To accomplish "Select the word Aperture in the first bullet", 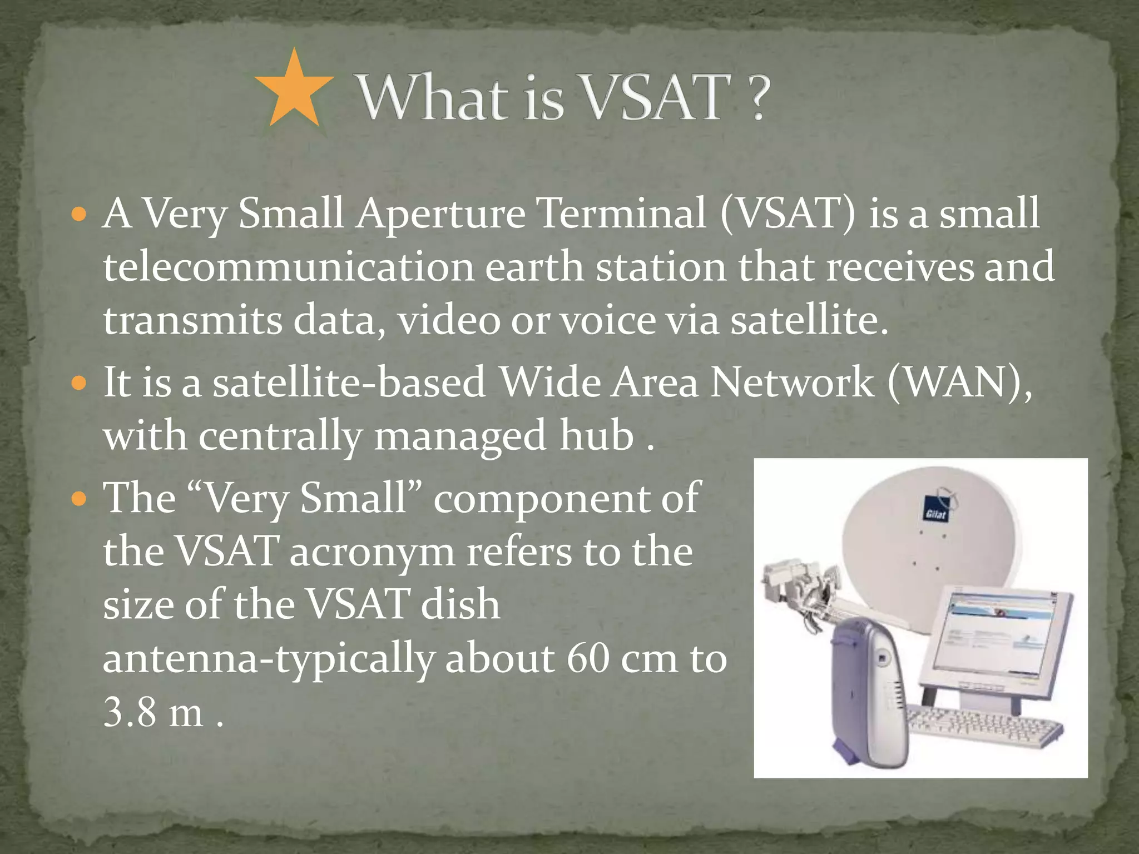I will [x=441, y=214].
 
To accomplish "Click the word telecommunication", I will [x=288, y=267].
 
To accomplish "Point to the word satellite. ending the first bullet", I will [x=809, y=321].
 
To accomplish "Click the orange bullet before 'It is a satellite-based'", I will [x=80, y=383].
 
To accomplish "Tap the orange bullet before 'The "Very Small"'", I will [x=80, y=499].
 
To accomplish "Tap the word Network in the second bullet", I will [x=792, y=383].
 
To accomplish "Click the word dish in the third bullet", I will [x=460, y=605].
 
